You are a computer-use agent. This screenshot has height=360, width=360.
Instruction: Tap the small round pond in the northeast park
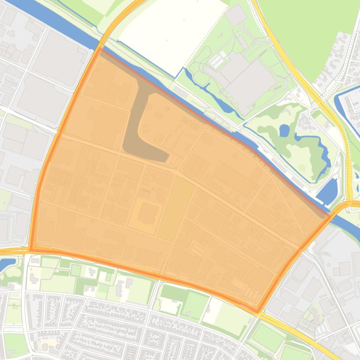coord(284,130)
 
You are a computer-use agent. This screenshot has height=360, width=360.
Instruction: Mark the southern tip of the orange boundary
coord(257,311)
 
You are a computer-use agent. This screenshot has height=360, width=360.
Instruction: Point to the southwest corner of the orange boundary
coord(30,251)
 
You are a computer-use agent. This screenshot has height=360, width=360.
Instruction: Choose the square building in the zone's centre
coord(147,213)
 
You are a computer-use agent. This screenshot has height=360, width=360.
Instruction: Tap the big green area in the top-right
coord(313,33)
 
